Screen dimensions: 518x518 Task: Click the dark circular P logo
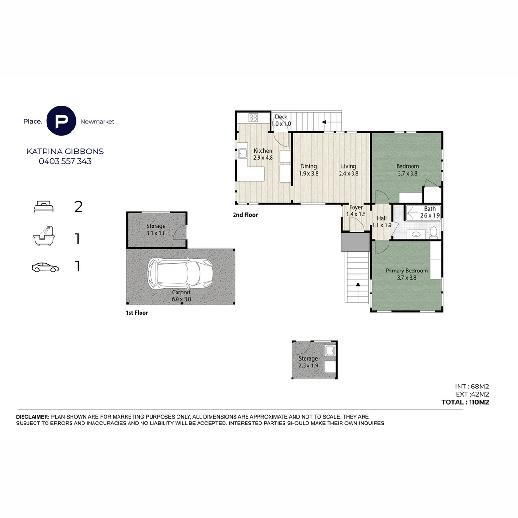click(x=61, y=121)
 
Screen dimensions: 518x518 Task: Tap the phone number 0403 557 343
click(x=65, y=161)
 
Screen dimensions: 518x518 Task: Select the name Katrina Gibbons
click(x=65, y=151)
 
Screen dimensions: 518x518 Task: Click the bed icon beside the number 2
click(x=44, y=207)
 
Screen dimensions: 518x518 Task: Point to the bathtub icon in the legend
click(x=44, y=236)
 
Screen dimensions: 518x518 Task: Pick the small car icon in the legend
click(x=45, y=268)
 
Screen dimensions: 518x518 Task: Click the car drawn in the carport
click(x=180, y=273)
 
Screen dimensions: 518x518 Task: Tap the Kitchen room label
click(x=263, y=151)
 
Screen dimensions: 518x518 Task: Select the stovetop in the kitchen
click(x=253, y=118)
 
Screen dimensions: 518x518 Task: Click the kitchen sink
click(x=243, y=153)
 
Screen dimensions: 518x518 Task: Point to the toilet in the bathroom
click(x=434, y=232)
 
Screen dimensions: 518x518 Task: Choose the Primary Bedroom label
click(x=406, y=271)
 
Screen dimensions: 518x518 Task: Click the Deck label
click(x=281, y=117)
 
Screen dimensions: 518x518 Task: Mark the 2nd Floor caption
click(x=245, y=215)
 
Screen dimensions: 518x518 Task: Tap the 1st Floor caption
click(x=137, y=313)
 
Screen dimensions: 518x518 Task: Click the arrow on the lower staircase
click(x=358, y=284)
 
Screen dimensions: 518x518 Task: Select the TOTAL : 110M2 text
click(x=465, y=402)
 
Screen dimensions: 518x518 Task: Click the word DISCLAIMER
click(x=33, y=417)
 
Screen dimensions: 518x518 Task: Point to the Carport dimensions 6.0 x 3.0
click(x=181, y=299)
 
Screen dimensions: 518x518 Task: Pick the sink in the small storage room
click(x=330, y=351)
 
